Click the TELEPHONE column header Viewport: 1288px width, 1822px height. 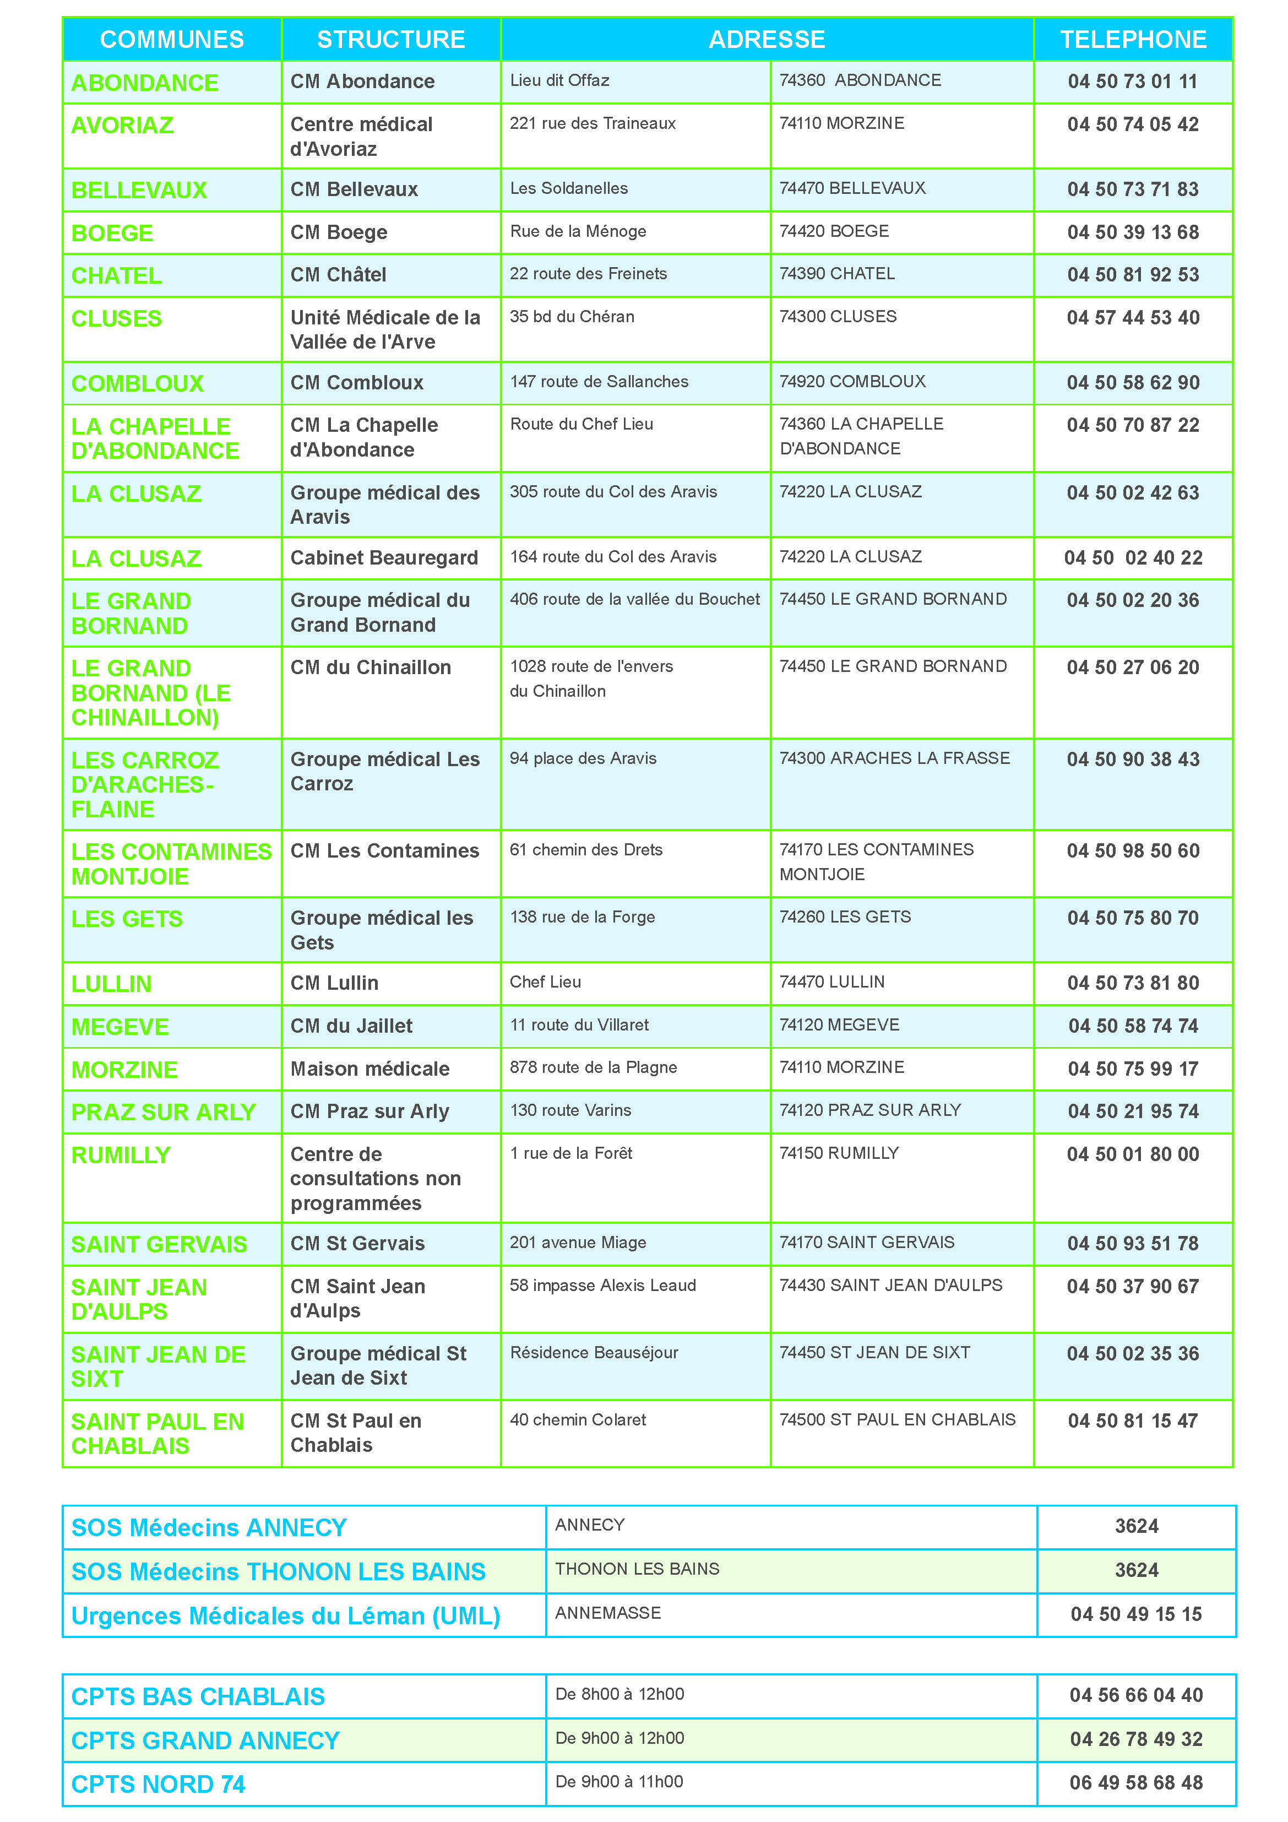1133,40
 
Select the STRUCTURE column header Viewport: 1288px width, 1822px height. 390,40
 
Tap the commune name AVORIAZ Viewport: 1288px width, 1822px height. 122,126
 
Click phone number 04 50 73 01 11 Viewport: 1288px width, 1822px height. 1133,81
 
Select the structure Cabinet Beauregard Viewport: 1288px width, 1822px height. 384,558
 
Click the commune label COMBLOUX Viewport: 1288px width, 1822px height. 137,383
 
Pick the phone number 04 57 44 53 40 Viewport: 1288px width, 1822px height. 1133,317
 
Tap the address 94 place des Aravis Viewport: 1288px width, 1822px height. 583,758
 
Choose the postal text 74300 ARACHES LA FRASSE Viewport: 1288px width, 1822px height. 894,758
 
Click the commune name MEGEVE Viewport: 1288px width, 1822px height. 120,1027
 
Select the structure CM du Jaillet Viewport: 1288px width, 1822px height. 351,1026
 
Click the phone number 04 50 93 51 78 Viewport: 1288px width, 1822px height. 1133,1244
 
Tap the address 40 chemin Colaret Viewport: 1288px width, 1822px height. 578,1420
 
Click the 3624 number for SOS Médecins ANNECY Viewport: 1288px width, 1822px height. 1137,1526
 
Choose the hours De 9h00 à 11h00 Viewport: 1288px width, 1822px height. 619,1782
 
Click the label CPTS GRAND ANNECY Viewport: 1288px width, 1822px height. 205,1740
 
